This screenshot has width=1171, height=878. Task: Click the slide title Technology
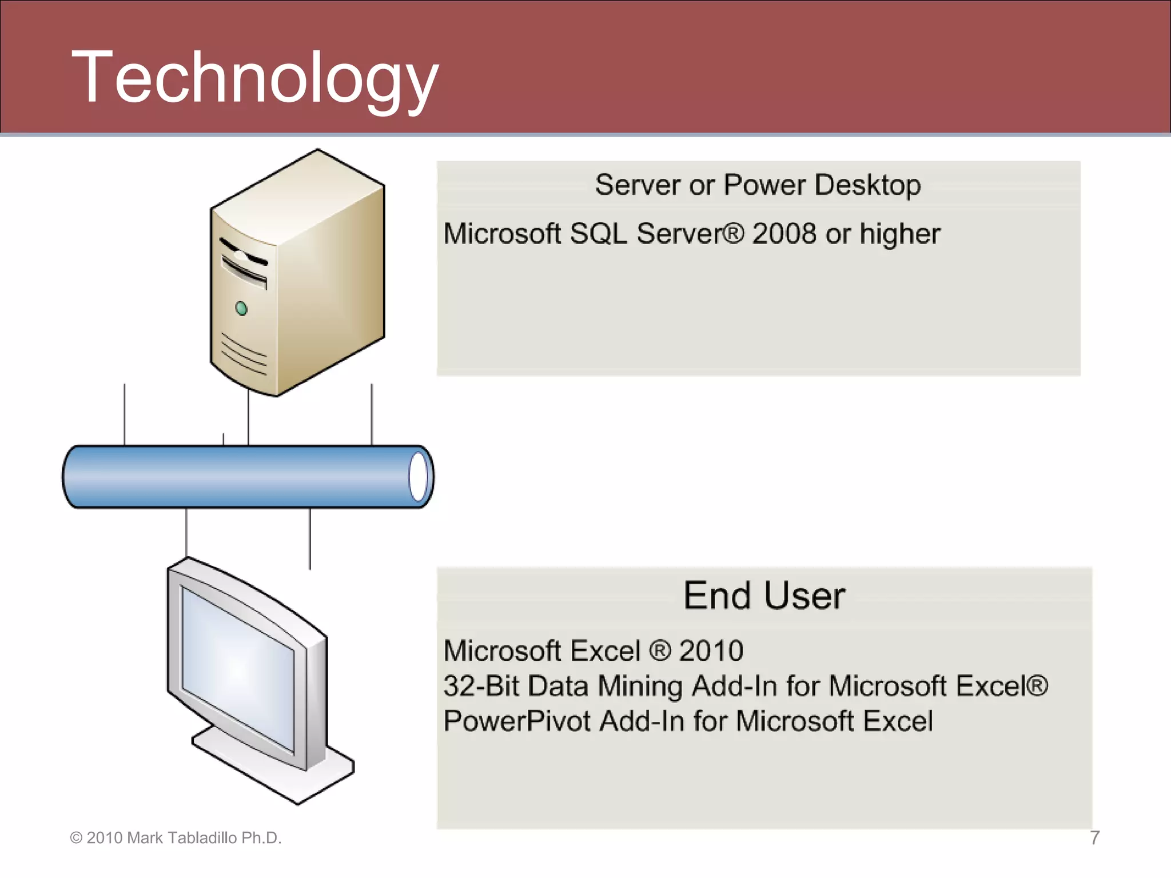point(254,77)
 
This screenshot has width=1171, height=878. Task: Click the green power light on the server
point(242,309)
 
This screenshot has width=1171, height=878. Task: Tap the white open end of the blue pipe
point(419,477)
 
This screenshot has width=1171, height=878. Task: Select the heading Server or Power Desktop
point(758,185)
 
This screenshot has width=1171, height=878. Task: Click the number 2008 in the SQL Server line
point(784,234)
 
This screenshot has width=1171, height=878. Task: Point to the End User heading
point(764,596)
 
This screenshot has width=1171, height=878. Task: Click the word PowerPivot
point(516,721)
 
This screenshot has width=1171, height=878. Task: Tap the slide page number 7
point(1094,838)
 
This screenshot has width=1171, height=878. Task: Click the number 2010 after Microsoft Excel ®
point(711,651)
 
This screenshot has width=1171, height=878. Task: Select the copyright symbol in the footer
point(76,838)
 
